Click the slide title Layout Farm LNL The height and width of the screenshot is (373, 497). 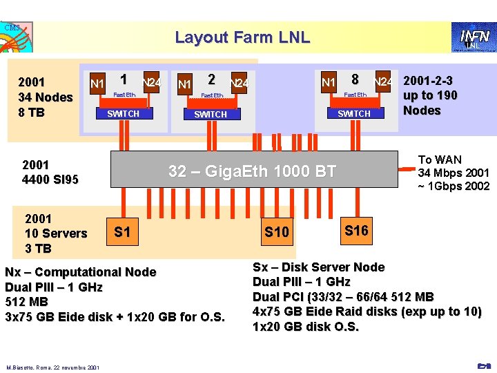242,37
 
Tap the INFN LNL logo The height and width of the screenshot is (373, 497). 471,37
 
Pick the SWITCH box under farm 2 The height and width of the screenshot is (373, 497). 211,114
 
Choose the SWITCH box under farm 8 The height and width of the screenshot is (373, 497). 354,113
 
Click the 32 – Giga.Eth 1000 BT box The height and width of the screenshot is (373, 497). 252,171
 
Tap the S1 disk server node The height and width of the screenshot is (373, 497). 122,232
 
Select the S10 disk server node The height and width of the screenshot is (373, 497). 277,232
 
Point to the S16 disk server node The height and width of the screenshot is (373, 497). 356,231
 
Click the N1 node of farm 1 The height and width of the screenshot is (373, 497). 97,84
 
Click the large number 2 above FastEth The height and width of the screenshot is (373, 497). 211,79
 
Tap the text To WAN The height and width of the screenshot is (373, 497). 440,160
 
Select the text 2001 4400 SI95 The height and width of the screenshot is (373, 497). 50,173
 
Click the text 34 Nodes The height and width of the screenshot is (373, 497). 46,97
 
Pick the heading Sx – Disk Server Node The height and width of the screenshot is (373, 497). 318,267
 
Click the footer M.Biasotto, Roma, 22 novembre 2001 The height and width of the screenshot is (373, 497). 53,367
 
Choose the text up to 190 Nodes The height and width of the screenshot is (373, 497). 430,103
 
